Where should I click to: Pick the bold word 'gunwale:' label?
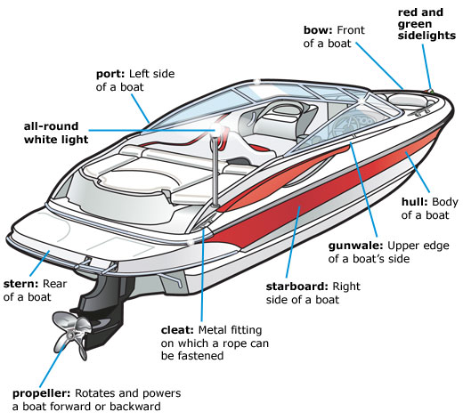359,244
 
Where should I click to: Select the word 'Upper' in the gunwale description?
407,244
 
